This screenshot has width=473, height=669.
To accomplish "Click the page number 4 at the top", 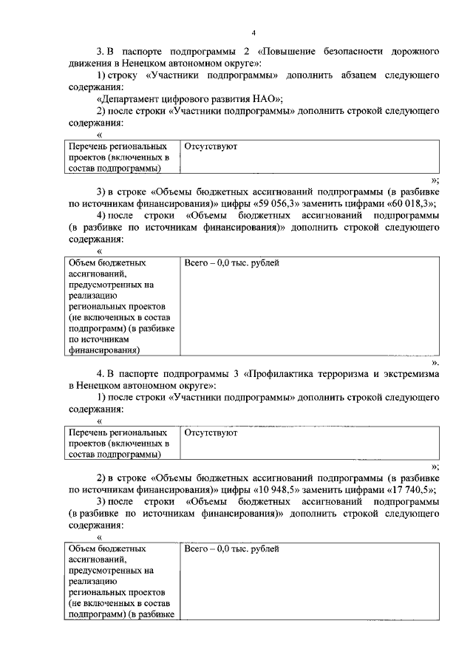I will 253,33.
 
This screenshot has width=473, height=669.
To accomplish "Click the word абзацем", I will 331,75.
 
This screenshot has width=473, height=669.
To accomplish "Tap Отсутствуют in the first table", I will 211,147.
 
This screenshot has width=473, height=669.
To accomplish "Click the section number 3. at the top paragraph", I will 101,52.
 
